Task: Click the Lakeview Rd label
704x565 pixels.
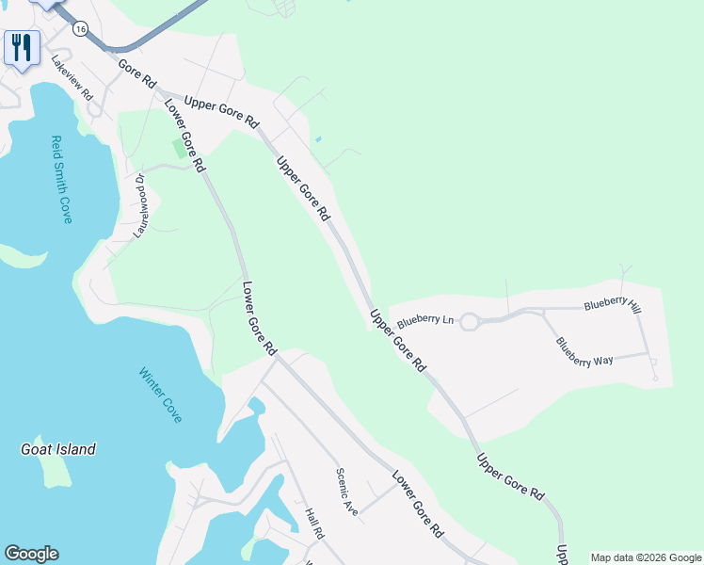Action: [x=73, y=83]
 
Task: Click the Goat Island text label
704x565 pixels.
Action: [x=58, y=449]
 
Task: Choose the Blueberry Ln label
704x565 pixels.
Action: [x=425, y=320]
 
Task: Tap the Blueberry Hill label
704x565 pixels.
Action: [x=612, y=304]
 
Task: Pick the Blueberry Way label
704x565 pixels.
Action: [x=584, y=351]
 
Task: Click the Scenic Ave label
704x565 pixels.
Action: [x=347, y=492]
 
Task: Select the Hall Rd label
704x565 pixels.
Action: [x=314, y=523]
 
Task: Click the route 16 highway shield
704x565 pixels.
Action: [x=81, y=29]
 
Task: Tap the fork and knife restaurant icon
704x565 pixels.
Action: [x=22, y=46]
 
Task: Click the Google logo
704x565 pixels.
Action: [x=31, y=554]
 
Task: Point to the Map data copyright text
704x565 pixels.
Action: [x=646, y=557]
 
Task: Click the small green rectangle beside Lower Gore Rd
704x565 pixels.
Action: [x=179, y=148]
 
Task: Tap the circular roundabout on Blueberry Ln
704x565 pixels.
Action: [x=470, y=321]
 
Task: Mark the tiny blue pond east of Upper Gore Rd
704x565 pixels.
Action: [x=318, y=140]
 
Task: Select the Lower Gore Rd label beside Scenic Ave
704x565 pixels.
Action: [x=418, y=504]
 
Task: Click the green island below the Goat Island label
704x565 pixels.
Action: [x=58, y=475]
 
